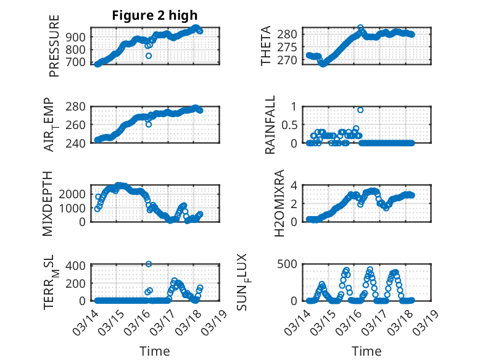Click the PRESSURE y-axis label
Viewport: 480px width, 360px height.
point(54,46)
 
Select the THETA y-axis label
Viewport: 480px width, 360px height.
point(266,46)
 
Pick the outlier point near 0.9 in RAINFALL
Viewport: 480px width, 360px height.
point(360,110)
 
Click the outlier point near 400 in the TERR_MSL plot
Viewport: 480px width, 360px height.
point(149,264)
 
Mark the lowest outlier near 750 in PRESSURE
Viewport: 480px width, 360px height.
point(149,56)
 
